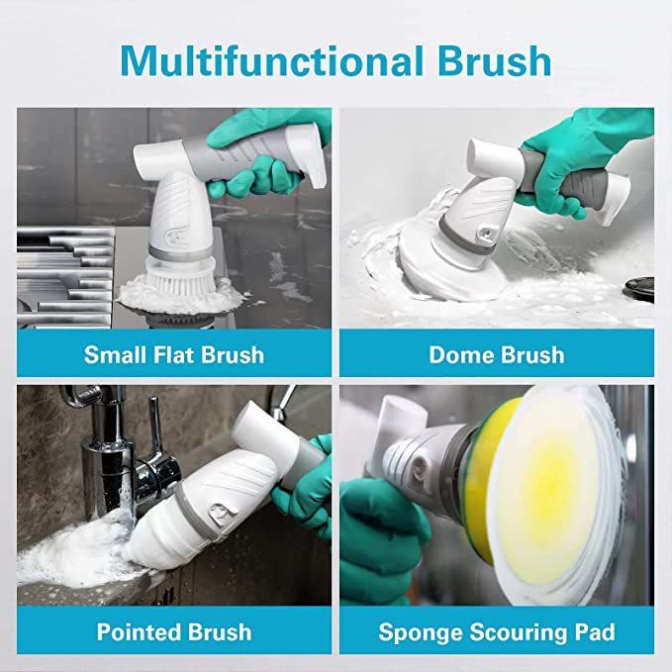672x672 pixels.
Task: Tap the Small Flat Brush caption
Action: coord(173,354)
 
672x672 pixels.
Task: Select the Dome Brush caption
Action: coord(497,354)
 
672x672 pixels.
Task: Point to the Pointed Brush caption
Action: coord(173,630)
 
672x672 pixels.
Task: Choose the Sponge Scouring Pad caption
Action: coord(497,630)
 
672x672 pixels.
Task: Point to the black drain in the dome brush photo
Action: coord(638,287)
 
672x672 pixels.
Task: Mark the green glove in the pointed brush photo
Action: coord(309,495)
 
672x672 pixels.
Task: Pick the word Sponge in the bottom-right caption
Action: coord(418,630)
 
